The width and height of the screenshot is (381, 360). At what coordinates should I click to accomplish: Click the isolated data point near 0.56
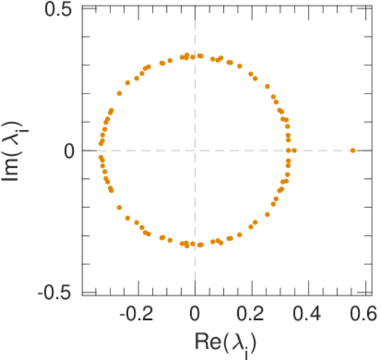353,150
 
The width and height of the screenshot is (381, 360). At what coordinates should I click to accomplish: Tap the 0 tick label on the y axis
68,151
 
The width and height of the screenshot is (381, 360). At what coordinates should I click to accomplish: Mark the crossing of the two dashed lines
195,150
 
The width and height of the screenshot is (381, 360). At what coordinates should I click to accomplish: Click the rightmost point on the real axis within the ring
294,150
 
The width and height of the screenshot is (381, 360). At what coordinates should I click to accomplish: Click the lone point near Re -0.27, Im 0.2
119,94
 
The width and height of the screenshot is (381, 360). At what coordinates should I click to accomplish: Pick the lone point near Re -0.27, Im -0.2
119,207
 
